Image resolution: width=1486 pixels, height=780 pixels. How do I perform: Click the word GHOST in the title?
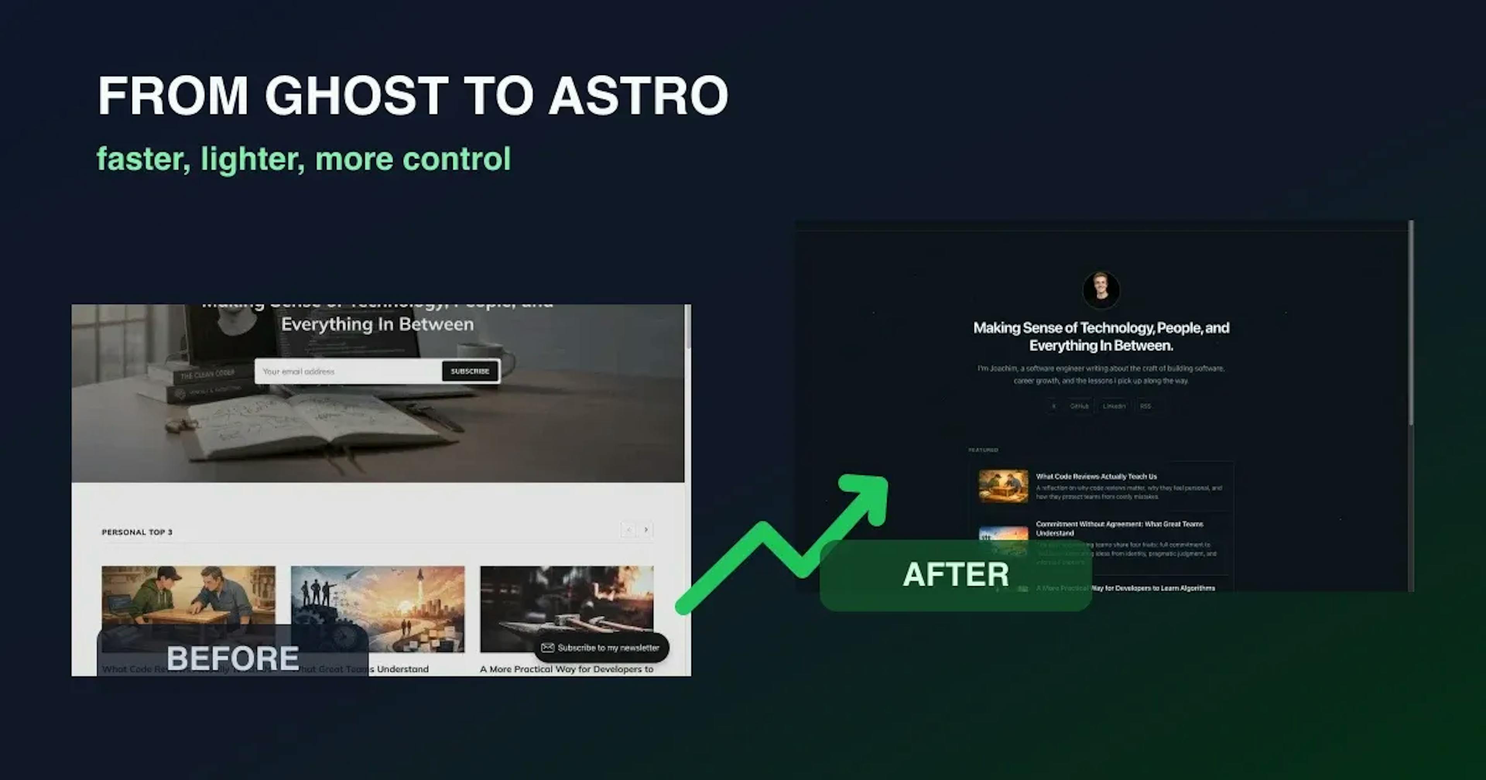click(356, 96)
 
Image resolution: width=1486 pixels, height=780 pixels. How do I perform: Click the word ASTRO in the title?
click(639, 96)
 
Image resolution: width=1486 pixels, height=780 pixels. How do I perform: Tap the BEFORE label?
click(233, 658)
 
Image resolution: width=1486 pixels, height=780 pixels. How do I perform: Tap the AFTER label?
click(955, 575)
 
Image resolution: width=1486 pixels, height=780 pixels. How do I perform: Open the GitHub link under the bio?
click(1079, 406)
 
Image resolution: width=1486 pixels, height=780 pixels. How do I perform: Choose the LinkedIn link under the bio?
click(1114, 406)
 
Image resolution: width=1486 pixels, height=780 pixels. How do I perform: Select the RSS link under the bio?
click(1145, 406)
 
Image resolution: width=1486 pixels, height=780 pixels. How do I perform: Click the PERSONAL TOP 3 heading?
click(137, 532)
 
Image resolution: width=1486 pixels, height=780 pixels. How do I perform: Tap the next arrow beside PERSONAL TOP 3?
click(646, 530)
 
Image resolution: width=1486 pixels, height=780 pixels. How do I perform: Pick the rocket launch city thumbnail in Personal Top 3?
click(377, 609)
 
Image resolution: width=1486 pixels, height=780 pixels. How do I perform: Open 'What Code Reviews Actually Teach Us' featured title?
click(1096, 477)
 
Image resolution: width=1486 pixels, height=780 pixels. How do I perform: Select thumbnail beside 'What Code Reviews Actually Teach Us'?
click(1003, 486)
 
